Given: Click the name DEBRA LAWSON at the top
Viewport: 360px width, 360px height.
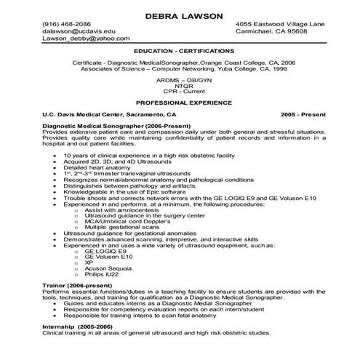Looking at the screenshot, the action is pyautogui.click(x=179, y=15).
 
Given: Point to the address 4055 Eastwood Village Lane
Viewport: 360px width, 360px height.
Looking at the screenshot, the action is pyautogui.click(x=281, y=24).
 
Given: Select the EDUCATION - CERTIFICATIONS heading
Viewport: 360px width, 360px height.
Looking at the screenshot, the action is pyautogui.click(x=179, y=53).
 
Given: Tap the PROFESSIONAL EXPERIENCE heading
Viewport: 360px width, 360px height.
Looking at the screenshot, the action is pyautogui.click(x=179, y=104).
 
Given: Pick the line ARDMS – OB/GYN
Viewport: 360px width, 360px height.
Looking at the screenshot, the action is pyautogui.click(x=179, y=80).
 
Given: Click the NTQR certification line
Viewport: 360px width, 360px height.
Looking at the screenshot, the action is pyautogui.click(x=179, y=87).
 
